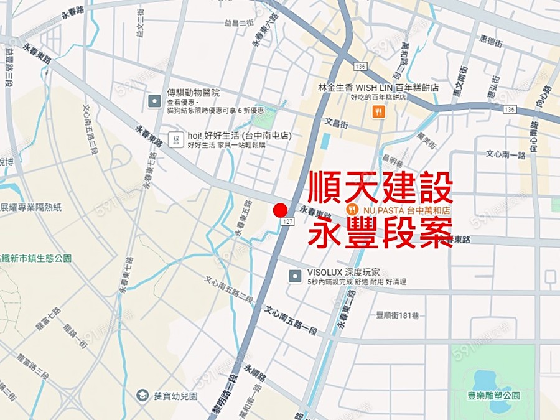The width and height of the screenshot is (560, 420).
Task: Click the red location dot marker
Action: (280, 210)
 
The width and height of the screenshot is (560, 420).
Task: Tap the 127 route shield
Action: (287, 222)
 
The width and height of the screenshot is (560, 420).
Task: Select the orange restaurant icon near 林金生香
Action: (378, 111)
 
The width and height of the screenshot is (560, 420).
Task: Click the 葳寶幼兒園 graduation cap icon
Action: (142, 395)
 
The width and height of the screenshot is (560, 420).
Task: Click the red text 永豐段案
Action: (381, 231)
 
